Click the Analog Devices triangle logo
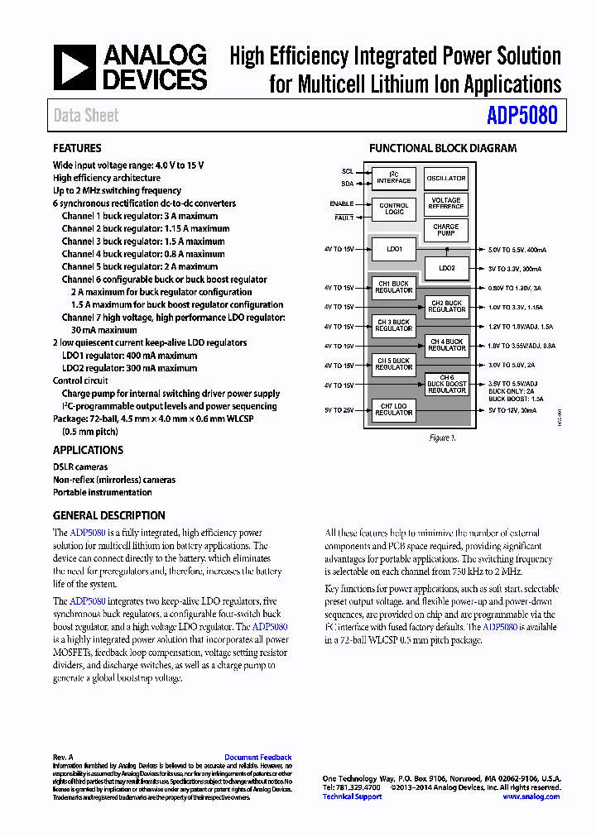point(75,68)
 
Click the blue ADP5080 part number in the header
point(521,115)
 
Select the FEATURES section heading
point(77,148)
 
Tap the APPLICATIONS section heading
point(88,450)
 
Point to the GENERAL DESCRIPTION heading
point(108,515)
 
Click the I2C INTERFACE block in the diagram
point(394,178)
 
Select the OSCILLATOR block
point(446,178)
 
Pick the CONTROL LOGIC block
point(394,208)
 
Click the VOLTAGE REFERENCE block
point(446,203)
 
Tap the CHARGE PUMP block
point(446,230)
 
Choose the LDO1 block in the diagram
point(394,249)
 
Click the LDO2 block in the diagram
point(446,268)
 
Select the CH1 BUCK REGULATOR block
point(394,287)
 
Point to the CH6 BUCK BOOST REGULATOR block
point(446,384)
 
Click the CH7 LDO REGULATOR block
point(394,409)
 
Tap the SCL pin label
point(348,172)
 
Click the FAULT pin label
point(344,218)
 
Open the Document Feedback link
point(257,758)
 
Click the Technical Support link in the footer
point(352,796)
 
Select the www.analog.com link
point(531,796)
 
